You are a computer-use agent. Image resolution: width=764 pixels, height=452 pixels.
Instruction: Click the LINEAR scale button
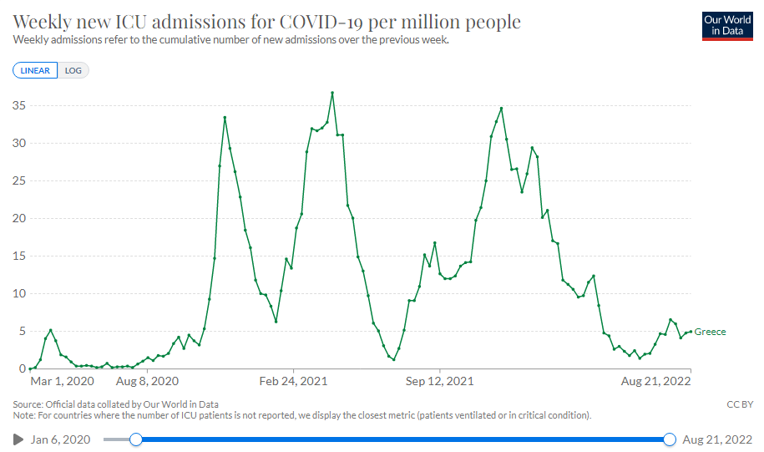click(35, 70)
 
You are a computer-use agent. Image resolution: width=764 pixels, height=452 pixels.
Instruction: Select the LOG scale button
click(73, 70)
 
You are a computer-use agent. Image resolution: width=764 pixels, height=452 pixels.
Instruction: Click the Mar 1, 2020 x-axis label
click(61, 382)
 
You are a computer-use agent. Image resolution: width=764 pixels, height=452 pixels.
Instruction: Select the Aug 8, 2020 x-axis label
click(147, 382)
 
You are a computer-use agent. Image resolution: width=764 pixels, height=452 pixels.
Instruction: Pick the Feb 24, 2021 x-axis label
click(294, 382)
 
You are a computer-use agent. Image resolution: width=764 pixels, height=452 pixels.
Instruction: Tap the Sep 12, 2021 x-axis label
click(441, 382)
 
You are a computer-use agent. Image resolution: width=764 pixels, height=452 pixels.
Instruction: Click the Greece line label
click(711, 332)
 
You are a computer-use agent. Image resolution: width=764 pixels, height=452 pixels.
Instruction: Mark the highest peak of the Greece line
click(332, 93)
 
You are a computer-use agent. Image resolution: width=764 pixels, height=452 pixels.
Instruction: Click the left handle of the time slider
click(136, 439)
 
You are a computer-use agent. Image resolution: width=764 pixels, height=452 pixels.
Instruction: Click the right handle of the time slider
click(669, 439)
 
